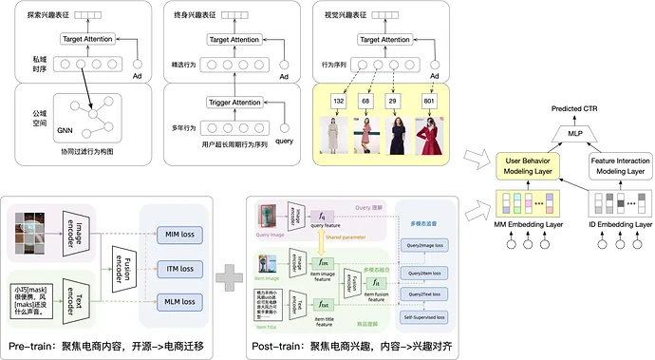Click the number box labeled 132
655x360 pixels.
pyautogui.click(x=339, y=101)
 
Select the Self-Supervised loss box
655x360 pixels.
pyautogui.click(x=424, y=314)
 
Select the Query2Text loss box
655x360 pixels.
pyautogui.click(x=424, y=293)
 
